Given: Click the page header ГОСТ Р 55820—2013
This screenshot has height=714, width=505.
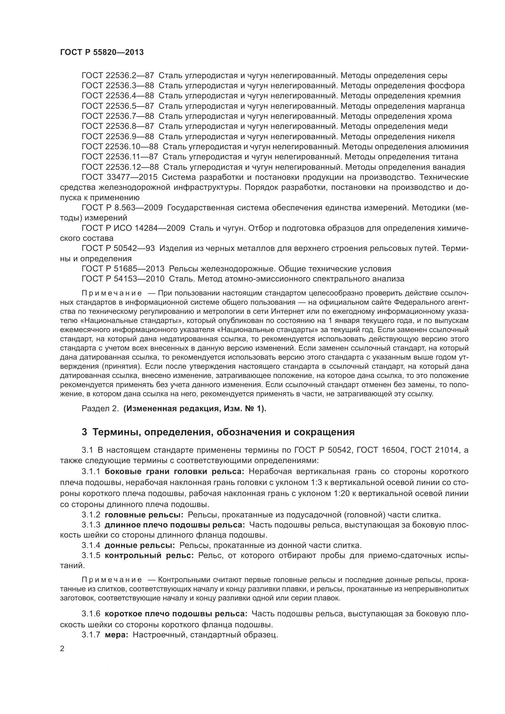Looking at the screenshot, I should [x=102, y=52].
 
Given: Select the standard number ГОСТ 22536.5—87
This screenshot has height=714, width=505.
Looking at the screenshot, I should [x=118, y=106].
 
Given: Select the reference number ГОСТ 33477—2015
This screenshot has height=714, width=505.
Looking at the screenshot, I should [x=120, y=177].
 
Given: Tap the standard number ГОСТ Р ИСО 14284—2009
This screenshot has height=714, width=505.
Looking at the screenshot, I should [x=133, y=228].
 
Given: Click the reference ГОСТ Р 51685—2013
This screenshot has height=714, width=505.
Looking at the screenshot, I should [x=123, y=269].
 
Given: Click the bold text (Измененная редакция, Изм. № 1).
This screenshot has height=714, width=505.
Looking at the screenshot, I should [x=195, y=409].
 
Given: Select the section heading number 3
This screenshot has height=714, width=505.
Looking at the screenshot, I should [x=84, y=432].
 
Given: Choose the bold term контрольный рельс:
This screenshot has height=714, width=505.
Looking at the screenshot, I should [x=149, y=555].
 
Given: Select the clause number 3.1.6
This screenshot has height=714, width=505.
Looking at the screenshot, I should [x=91, y=614].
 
